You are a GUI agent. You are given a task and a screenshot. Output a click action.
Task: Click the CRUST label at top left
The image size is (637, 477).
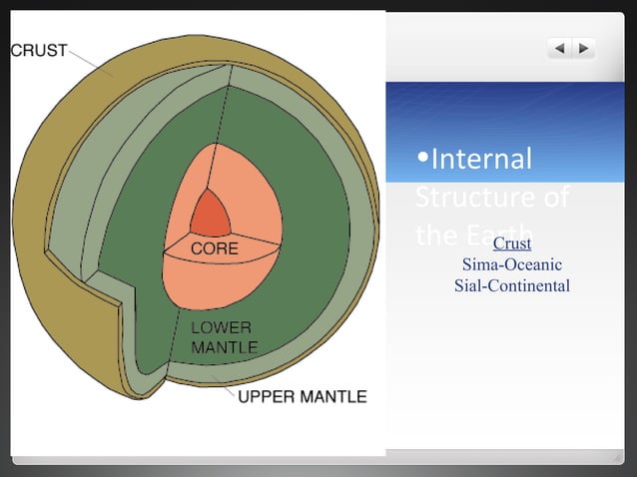point(39,51)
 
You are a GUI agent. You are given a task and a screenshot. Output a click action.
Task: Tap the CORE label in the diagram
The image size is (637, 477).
point(214,248)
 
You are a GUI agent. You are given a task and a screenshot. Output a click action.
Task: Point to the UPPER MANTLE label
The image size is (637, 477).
point(302,396)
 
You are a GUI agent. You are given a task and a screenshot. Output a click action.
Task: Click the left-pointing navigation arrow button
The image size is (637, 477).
point(560,48)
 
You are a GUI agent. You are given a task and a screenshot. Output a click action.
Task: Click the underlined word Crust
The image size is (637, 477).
point(512,243)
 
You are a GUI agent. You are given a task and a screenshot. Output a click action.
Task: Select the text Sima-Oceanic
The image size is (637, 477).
point(512,264)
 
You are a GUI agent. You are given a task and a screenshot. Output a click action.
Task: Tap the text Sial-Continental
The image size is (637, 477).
point(512,285)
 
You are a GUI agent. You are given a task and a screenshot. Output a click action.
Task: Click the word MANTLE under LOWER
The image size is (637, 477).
point(225,347)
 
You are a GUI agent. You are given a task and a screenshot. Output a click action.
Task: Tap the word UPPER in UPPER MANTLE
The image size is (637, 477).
point(266,396)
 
